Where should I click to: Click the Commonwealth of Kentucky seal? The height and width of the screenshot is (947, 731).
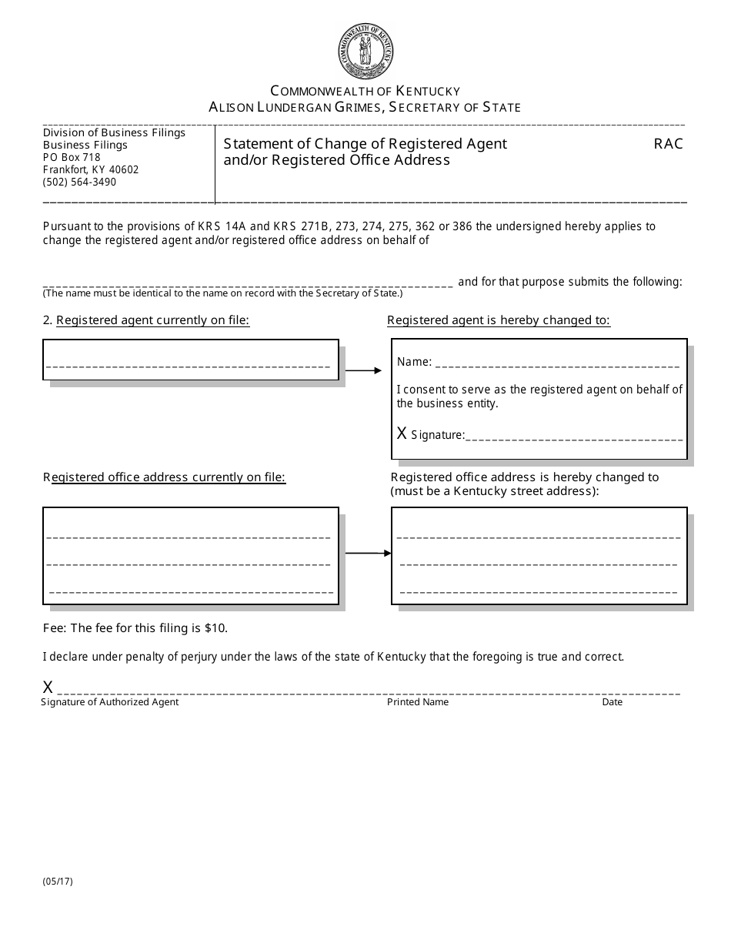tap(365, 51)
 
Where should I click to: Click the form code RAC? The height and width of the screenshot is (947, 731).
tap(668, 144)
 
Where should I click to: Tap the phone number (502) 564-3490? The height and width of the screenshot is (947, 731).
tap(80, 182)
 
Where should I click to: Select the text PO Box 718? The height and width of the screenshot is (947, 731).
tap(72, 157)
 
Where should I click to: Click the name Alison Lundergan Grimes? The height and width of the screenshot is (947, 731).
tap(296, 108)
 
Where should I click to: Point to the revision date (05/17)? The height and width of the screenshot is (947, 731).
tap(58, 882)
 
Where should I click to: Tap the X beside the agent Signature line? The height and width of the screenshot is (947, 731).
tap(402, 433)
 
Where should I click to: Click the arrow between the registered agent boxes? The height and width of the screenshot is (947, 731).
tap(363, 371)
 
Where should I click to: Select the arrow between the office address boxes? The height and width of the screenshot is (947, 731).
tap(368, 553)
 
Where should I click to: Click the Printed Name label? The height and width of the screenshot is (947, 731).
tap(418, 702)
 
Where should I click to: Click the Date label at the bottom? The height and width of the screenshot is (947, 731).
tap(613, 702)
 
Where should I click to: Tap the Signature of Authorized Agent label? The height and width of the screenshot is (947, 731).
tap(110, 702)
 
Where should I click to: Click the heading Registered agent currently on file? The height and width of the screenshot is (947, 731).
tap(152, 320)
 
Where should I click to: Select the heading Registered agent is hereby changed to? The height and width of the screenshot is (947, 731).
tap(499, 320)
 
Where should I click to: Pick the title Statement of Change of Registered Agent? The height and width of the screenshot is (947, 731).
tap(365, 144)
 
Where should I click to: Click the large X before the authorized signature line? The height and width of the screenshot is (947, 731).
tap(48, 688)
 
